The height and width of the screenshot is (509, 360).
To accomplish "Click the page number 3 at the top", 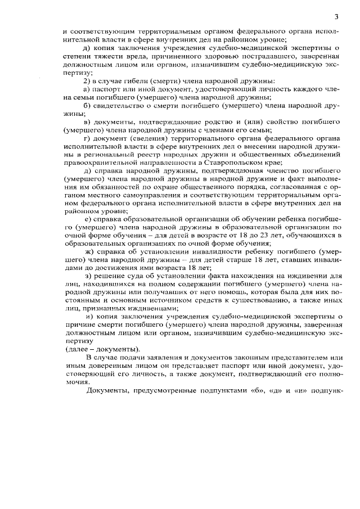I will pos(336,16).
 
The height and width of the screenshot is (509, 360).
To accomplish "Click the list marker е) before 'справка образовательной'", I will pos(87,218).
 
